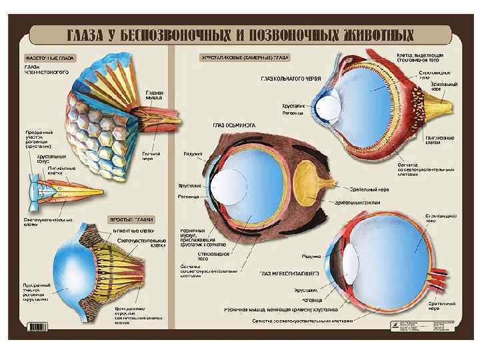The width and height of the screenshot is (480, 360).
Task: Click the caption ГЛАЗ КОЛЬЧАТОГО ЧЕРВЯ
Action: click(291, 79)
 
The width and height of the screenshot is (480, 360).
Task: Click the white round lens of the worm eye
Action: click(329, 108)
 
